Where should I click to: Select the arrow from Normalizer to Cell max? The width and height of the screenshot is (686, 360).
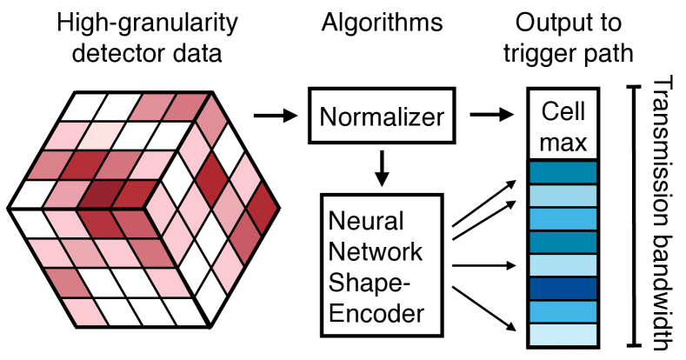490,115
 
